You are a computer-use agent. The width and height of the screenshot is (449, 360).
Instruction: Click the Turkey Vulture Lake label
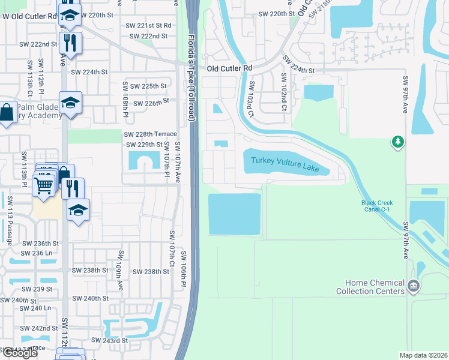pyautogui.click(x=285, y=164)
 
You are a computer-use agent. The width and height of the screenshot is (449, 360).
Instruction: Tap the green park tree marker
pyautogui.click(x=397, y=142)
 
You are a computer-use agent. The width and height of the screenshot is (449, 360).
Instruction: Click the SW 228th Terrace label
pyautogui.click(x=150, y=134)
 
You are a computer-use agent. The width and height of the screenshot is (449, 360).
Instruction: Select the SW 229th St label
pyautogui.click(x=144, y=145)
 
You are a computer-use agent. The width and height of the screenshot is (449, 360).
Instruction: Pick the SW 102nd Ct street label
pyautogui.click(x=284, y=95)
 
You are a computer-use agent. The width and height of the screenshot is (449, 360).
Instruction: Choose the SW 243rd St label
pyautogui.click(x=109, y=340)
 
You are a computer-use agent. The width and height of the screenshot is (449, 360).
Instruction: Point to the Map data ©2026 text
pyautogui.click(x=424, y=355)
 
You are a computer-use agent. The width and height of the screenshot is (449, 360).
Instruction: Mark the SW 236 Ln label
pyautogui.click(x=34, y=253)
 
